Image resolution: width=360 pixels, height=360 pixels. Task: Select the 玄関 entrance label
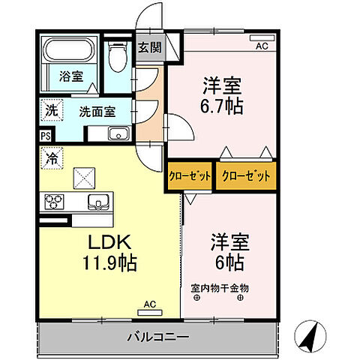tap(149, 47)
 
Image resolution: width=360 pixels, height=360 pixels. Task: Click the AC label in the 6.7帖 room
tap(262, 46)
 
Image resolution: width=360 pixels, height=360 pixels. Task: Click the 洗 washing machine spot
tap(49, 109)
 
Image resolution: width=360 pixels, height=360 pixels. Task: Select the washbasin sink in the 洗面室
tap(117, 133)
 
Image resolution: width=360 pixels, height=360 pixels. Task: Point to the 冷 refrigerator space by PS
tap(52, 159)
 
